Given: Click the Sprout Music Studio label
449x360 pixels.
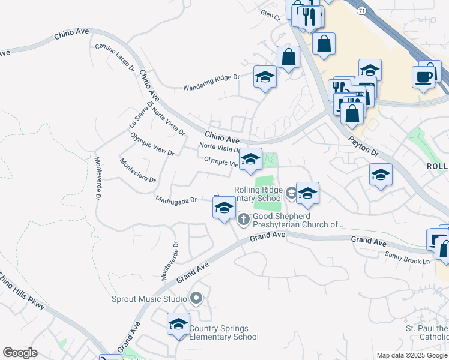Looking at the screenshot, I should [x=149, y=298].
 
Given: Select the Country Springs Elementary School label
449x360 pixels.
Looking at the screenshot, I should [x=223, y=332].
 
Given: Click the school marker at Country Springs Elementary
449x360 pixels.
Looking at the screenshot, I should [x=178, y=325].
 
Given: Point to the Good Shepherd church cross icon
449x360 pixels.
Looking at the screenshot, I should [x=244, y=219].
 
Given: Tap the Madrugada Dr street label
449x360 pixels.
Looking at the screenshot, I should [x=176, y=200].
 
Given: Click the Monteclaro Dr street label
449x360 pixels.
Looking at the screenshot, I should [x=137, y=171].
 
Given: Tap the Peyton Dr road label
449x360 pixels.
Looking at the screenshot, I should [x=364, y=145].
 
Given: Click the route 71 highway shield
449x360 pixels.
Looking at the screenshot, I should [x=360, y=11].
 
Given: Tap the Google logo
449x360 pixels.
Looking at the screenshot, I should [x=20, y=353].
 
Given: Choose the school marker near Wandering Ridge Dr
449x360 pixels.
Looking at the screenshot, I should [x=265, y=78].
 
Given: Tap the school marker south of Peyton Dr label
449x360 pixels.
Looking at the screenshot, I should [x=381, y=175].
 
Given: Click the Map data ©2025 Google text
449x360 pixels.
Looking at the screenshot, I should [x=412, y=355].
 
